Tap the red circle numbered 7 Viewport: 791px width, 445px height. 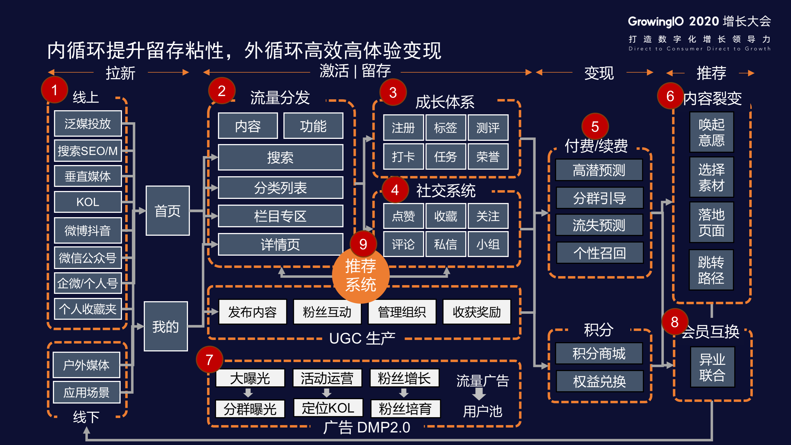[210, 360]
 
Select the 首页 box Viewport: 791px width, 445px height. [167, 211]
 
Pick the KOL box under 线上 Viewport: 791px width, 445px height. [88, 202]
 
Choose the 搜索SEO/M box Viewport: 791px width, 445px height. [88, 151]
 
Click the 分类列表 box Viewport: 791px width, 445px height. [280, 188]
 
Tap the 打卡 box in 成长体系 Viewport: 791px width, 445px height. [403, 157]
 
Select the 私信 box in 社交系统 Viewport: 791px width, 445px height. [445, 244]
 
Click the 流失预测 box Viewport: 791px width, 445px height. [599, 225]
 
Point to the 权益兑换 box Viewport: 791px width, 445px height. [599, 381]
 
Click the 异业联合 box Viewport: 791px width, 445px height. [712, 367]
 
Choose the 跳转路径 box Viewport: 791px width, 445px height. [711, 270]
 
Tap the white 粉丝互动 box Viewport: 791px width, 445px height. [327, 312]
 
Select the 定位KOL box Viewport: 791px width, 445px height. [328, 408]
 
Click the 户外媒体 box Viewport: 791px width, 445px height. [86, 365]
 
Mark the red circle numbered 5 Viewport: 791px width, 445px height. [595, 127]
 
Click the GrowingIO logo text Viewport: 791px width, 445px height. [656, 22]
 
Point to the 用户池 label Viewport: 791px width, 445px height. [482, 411]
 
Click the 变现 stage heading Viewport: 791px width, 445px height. [599, 73]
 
